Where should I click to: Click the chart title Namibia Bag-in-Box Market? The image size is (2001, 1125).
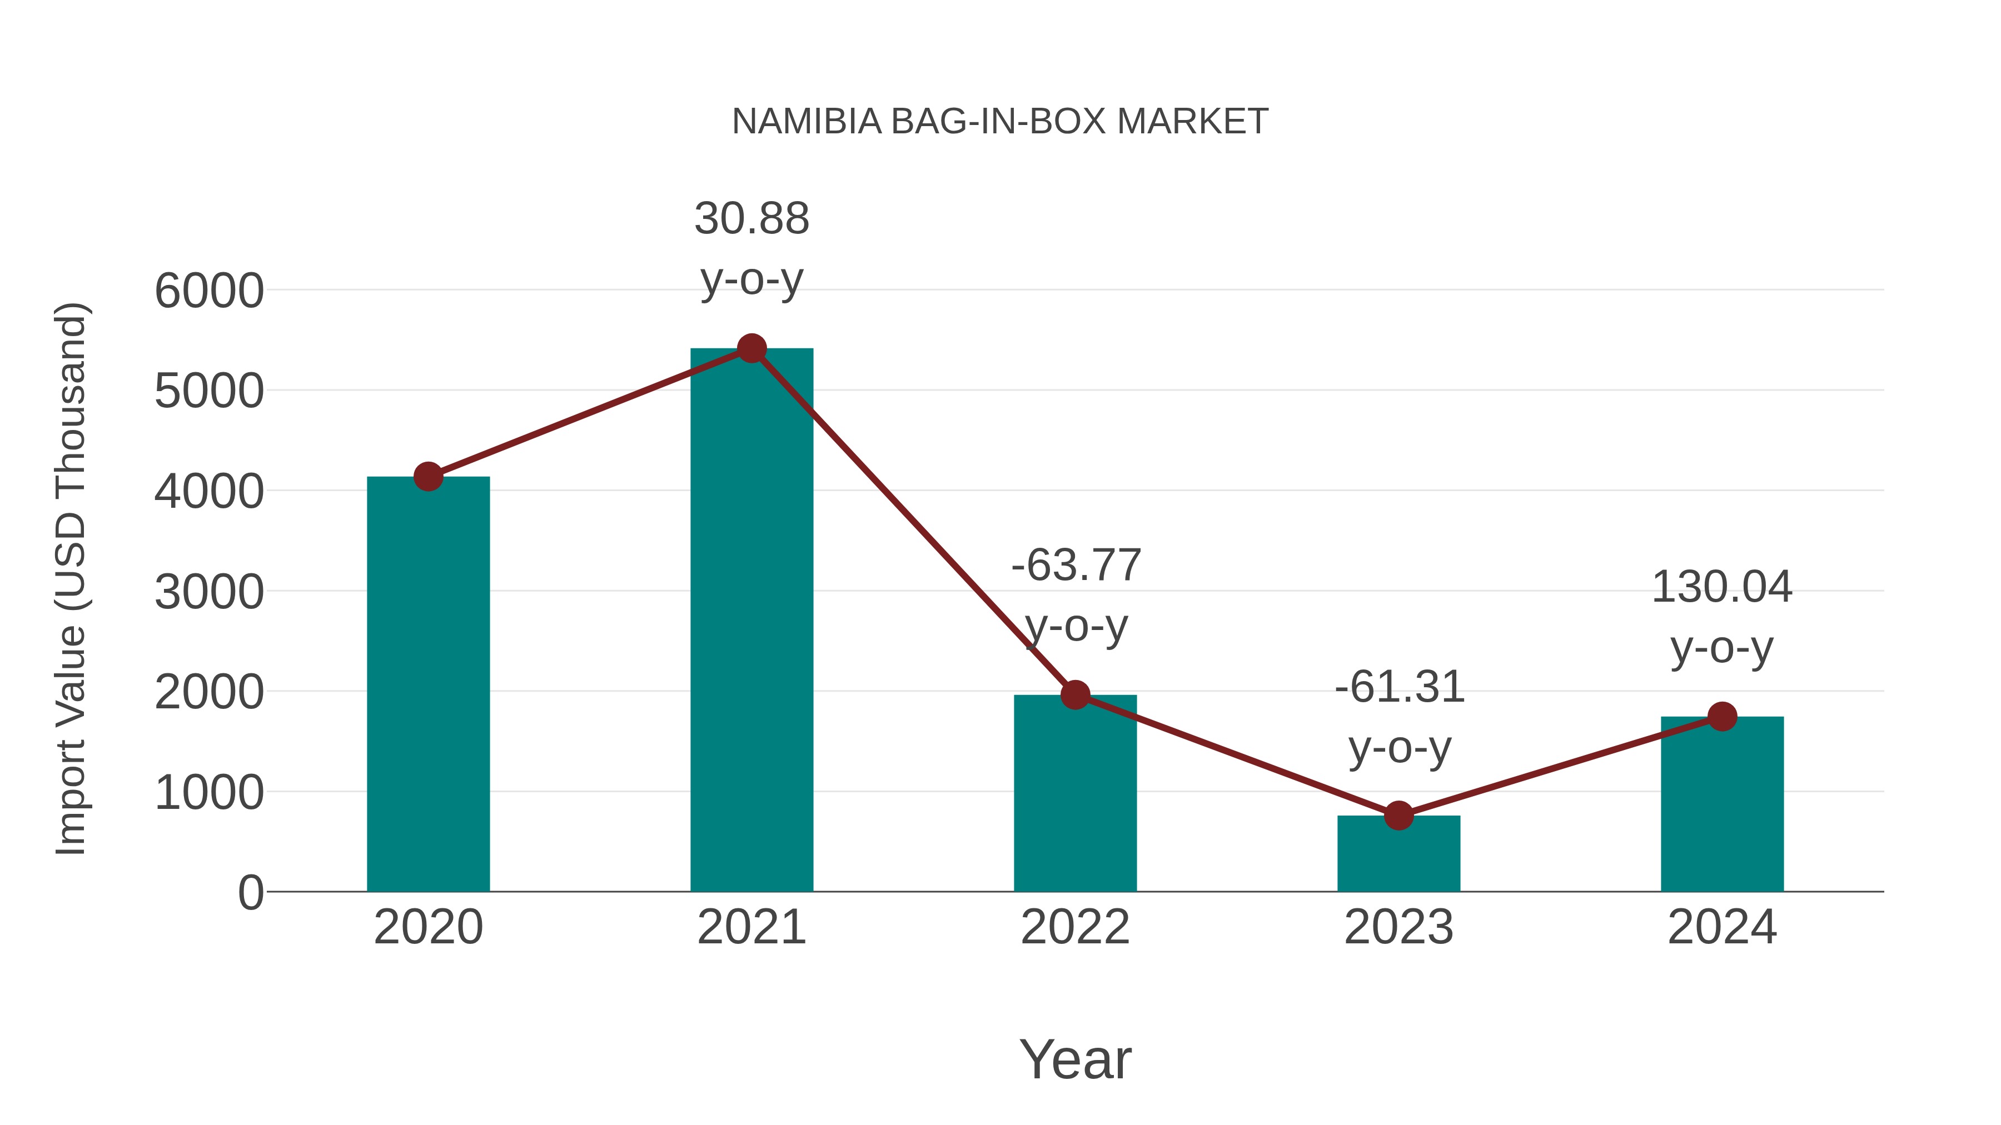tap(1000, 122)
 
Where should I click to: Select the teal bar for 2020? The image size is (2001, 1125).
tap(428, 683)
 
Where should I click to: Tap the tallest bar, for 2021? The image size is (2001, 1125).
tap(751, 621)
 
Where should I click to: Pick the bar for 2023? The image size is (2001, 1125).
tap(1398, 853)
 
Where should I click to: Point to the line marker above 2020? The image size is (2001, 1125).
tap(428, 476)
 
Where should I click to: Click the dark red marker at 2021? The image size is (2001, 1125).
tap(751, 348)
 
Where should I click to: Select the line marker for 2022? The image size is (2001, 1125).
tap(1075, 695)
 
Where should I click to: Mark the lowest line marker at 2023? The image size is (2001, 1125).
tap(1398, 815)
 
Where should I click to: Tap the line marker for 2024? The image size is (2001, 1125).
tap(1722, 717)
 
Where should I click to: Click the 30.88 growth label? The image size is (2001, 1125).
tap(751, 219)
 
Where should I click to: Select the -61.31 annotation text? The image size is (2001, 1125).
tap(1399, 688)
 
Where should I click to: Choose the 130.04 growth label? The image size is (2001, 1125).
tap(1721, 588)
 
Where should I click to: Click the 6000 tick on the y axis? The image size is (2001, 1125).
tap(209, 292)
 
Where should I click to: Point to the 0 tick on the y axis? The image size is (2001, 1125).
tap(250, 893)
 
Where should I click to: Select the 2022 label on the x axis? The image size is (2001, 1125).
tap(1075, 927)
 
